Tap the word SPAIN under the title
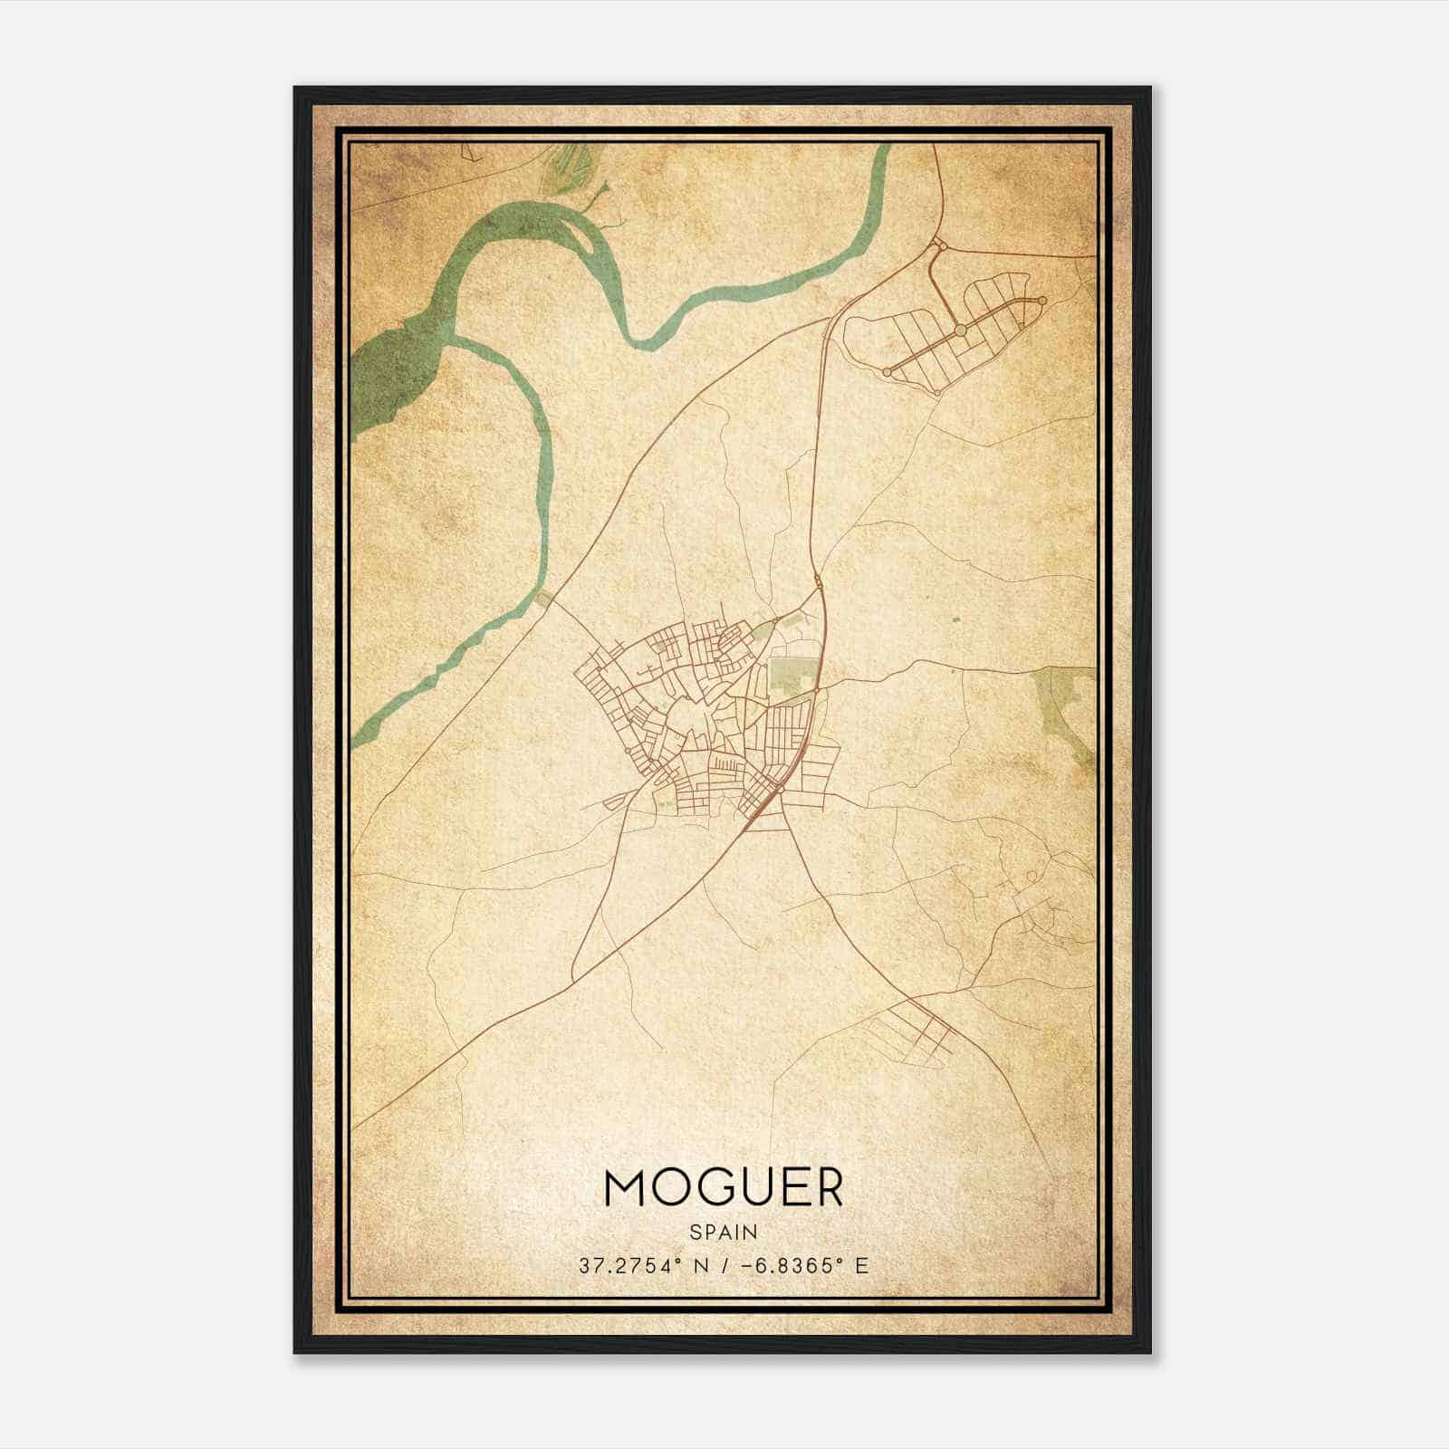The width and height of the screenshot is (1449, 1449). coord(724,1232)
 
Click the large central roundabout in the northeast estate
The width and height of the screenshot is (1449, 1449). coord(960,331)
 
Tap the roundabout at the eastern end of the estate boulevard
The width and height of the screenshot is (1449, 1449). coord(1042,300)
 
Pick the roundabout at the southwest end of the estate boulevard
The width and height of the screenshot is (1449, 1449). coord(888,371)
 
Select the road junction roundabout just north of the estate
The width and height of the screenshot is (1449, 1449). coord(940,245)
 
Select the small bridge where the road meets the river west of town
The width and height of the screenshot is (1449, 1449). coord(543,599)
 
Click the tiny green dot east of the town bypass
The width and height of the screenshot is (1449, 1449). coord(956,619)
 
